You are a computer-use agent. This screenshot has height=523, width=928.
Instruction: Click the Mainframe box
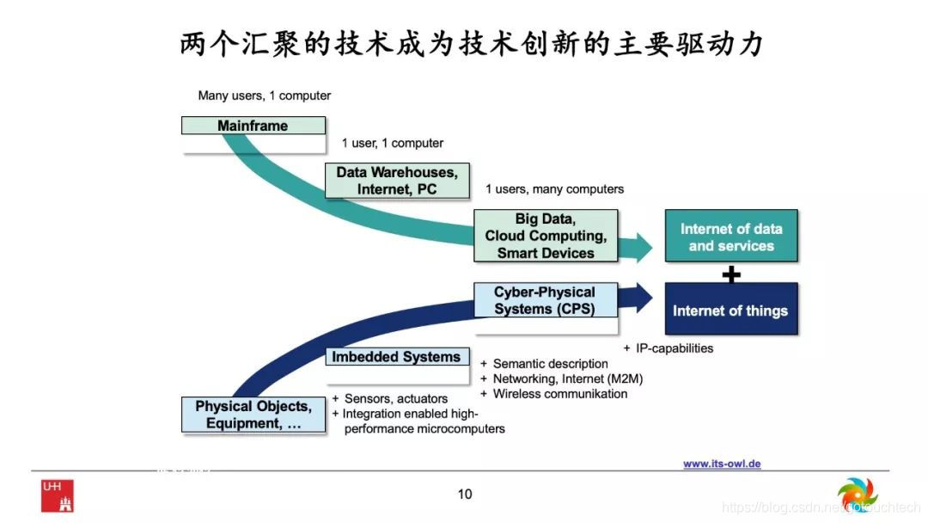253,126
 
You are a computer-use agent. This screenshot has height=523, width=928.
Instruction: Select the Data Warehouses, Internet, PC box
397,181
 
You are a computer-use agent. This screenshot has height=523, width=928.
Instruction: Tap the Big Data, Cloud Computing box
546,236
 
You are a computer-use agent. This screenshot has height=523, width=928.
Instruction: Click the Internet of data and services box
731,237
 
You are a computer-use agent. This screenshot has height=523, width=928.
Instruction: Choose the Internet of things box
730,310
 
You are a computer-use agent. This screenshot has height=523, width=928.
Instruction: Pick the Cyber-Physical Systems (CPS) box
545,300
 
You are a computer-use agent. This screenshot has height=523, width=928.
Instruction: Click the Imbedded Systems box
396,357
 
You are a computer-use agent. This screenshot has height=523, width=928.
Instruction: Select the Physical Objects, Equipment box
253,415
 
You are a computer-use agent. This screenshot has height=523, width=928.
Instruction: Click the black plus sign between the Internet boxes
731,274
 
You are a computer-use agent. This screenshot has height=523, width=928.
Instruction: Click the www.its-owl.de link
722,464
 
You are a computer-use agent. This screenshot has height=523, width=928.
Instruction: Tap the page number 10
465,494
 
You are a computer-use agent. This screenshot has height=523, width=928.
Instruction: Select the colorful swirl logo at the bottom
856,495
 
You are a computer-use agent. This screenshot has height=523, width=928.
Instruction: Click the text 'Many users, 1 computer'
264,95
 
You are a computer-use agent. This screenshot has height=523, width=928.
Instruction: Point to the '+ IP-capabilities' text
669,348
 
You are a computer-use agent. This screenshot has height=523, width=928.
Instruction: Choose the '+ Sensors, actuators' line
390,399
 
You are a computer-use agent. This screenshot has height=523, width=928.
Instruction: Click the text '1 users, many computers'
554,189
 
